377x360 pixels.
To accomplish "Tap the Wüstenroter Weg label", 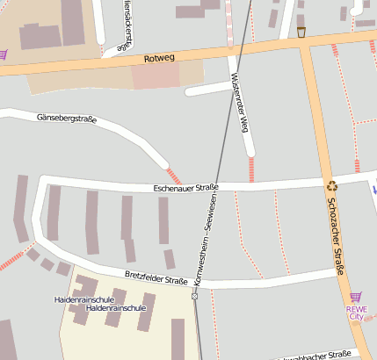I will coord(236,100).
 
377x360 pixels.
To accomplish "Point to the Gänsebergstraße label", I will coord(67,118).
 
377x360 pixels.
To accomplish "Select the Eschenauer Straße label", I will coord(185,187).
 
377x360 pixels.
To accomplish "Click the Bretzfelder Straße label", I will coord(156,277).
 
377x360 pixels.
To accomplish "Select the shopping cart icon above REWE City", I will coord(355,298).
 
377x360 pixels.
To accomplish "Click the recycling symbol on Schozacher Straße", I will coord(332,185).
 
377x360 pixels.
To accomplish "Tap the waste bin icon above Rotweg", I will coord(301,32).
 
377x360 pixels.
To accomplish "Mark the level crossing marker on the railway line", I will coord(194,297).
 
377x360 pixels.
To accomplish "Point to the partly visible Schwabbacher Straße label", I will coord(316,356).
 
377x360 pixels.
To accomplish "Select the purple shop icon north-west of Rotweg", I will coord(3,54).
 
